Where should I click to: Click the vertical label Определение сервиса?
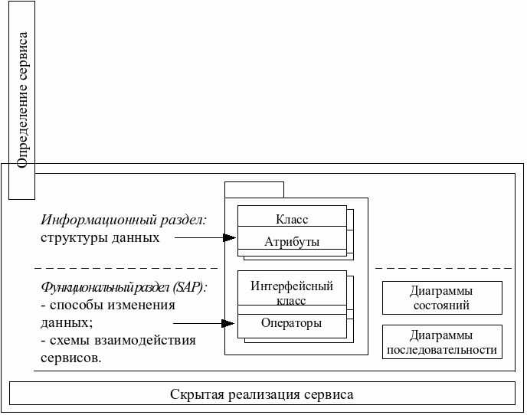[22, 100]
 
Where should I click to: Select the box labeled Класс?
[291, 218]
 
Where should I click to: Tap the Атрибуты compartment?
[291, 242]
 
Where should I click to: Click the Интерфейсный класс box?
[291, 292]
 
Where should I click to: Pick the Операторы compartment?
[291, 323]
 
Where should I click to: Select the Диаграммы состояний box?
[441, 298]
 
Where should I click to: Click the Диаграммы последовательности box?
[441, 342]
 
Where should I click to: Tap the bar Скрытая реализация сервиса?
[262, 394]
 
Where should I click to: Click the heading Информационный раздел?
[123, 221]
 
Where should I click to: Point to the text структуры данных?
[100, 237]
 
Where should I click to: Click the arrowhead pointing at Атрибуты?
[229, 238]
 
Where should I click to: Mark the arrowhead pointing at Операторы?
[228, 323]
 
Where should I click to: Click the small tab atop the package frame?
[254, 189]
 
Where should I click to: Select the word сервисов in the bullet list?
[70, 358]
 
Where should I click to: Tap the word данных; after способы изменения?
[67, 323]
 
